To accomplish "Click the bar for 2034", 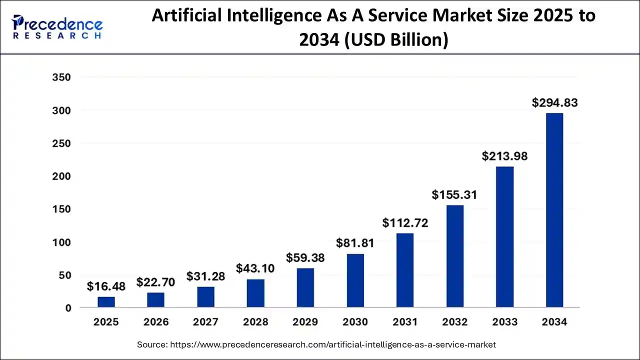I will (554, 210).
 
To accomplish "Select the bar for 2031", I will (405, 270).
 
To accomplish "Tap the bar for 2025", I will (106, 302).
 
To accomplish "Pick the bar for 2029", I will (305, 287).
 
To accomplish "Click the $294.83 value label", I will (554, 103).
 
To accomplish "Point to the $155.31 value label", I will (454, 195).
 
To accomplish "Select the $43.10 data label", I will (255, 268).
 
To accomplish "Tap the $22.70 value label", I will (155, 282).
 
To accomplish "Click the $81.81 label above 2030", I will (355, 243).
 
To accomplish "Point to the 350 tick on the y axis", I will (61, 77).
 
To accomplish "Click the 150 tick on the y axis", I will (61, 209).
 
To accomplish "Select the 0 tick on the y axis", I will (68, 308).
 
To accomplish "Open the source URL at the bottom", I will (333, 344).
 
